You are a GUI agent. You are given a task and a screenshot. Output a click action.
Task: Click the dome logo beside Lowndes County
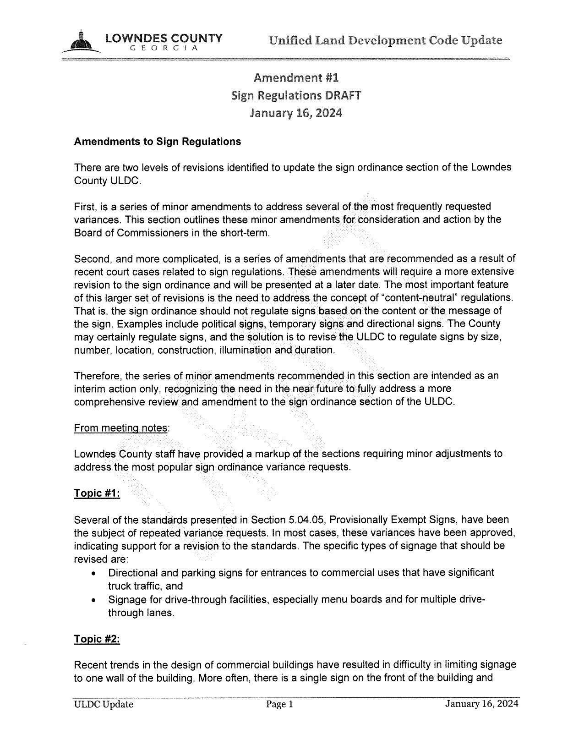[82, 42]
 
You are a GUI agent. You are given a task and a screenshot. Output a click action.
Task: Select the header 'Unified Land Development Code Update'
[385, 40]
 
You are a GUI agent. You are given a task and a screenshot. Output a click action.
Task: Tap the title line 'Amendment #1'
[296, 77]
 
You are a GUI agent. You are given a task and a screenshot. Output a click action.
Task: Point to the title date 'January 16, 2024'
[296, 113]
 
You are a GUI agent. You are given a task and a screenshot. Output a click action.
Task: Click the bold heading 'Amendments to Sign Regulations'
[157, 141]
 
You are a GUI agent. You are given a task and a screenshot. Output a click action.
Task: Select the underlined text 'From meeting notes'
[120, 428]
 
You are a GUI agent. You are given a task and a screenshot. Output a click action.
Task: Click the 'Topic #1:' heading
[97, 493]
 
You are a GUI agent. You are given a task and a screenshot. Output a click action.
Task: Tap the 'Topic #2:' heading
[97, 639]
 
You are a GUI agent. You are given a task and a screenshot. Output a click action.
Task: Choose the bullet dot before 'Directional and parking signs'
[94, 574]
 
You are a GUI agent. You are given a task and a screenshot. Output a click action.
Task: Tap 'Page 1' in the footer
[279, 705]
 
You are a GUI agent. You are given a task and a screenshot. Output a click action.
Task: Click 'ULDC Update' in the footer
[104, 705]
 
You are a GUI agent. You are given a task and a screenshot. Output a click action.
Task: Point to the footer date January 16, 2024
[481, 704]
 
